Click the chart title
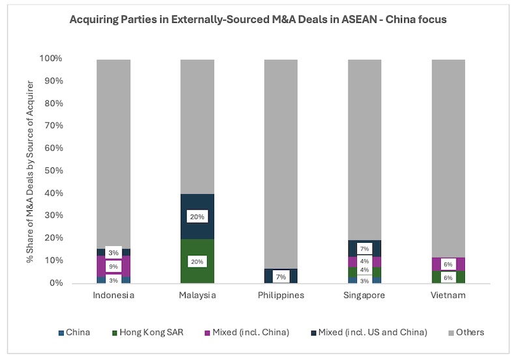pyautogui.click(x=258, y=20)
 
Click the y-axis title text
pyautogui.click(x=30, y=171)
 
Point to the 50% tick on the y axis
pyautogui.click(x=54, y=171)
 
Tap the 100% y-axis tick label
pyautogui.click(x=51, y=59)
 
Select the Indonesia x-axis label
pyautogui.click(x=113, y=296)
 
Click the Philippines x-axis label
pyautogui.click(x=281, y=296)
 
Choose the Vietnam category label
pyautogui.click(x=448, y=296)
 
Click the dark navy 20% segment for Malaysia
pyautogui.click(x=197, y=217)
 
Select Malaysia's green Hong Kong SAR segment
pyautogui.click(x=197, y=261)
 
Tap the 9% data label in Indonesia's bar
pyautogui.click(x=113, y=266)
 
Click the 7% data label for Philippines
pyautogui.click(x=281, y=277)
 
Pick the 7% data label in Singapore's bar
pyautogui.click(x=365, y=249)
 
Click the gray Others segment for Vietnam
pyautogui.click(x=448, y=159)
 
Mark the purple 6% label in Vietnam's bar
pyautogui.click(x=448, y=264)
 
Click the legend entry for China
pyautogui.click(x=74, y=333)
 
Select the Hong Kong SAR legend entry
pyautogui.click(x=148, y=333)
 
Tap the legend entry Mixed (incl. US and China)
pyautogui.click(x=369, y=333)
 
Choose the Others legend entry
pyautogui.click(x=466, y=333)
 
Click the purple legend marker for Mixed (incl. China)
pyautogui.click(x=207, y=333)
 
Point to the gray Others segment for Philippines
pyautogui.click(x=281, y=165)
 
